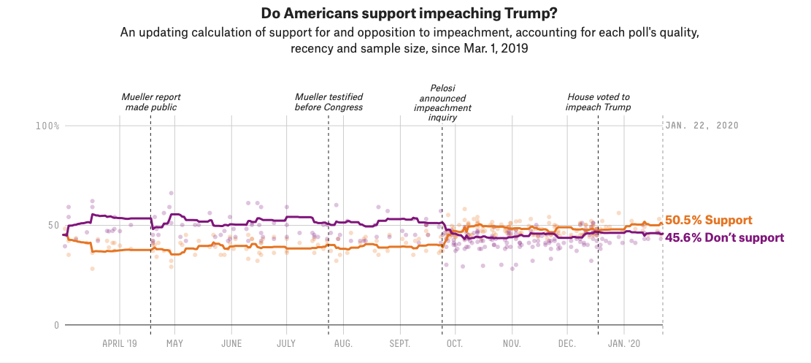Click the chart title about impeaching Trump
pos(405,13)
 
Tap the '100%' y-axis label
pos(47,126)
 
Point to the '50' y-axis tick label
pos(53,226)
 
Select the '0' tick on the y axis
pos(55,325)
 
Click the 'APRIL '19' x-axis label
pos(120,343)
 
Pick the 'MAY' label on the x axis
pos(174,343)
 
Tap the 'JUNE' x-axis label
pos(231,343)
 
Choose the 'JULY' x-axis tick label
pos(286,343)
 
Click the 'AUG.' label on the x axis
pos(343,343)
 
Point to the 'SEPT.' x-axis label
pos(399,343)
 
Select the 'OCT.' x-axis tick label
pos(456,343)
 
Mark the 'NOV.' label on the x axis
pos(512,343)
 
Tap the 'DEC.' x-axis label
pos(567,343)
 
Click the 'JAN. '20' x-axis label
pos(624,343)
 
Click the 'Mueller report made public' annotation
pos(151,102)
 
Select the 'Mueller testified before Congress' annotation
pos(329,102)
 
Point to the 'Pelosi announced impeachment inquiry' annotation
pos(443,102)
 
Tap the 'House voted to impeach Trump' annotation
pos(599,102)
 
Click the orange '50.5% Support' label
pos(709,220)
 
